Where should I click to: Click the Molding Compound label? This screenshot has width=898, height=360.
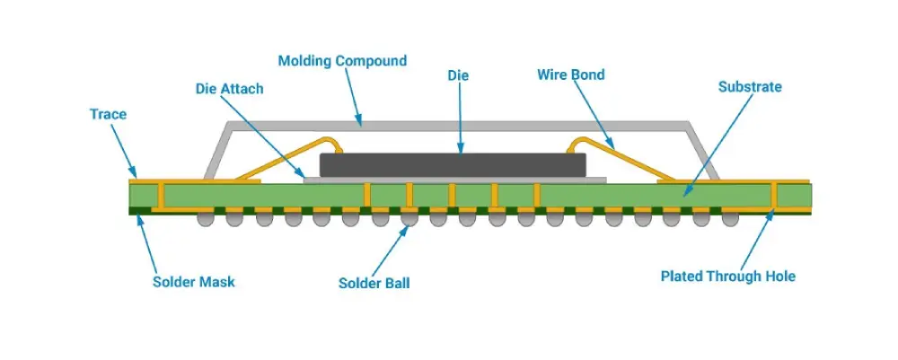[341, 61]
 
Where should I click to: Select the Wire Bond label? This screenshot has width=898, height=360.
[570, 75]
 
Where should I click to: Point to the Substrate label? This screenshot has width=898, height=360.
[750, 87]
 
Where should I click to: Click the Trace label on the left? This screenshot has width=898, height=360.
[108, 115]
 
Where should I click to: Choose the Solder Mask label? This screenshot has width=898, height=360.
[193, 282]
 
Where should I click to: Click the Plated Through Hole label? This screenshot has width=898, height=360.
[727, 277]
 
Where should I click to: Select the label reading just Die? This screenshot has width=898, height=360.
[458, 76]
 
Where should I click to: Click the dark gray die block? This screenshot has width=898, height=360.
[453, 164]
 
